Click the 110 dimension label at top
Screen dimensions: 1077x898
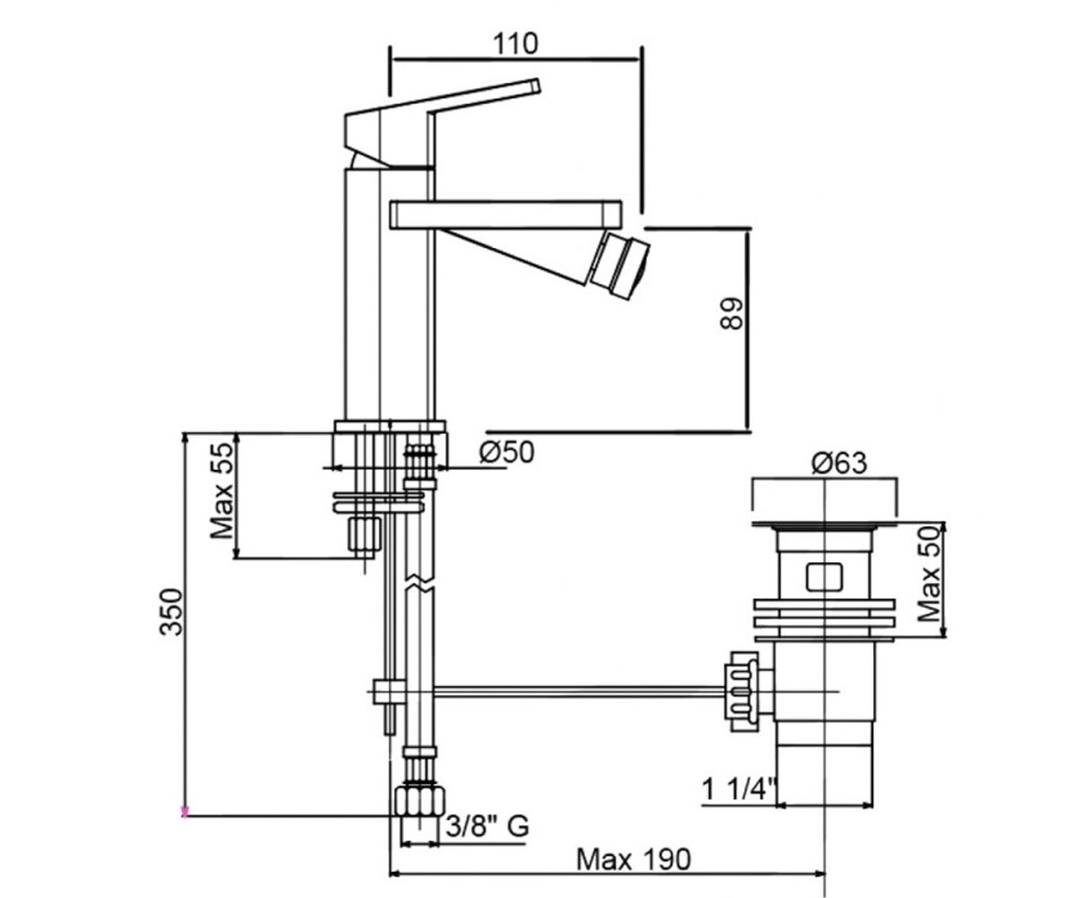point(515,44)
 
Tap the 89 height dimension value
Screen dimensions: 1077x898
point(731,313)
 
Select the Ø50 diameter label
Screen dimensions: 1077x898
point(506,453)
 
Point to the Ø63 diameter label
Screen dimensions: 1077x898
point(839,463)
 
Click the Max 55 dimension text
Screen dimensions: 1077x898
point(223,490)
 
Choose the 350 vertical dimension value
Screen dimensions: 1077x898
point(171,612)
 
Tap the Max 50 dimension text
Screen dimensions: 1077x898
point(930,574)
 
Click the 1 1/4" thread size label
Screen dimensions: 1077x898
point(740,789)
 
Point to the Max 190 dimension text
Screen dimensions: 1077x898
point(633,859)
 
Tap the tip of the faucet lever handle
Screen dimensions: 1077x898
point(536,85)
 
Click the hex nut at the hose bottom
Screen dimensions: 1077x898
point(420,801)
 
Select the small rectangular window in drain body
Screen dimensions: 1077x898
point(824,577)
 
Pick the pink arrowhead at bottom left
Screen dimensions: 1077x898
point(184,812)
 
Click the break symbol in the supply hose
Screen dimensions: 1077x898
point(420,581)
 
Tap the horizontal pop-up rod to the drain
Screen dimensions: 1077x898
point(581,692)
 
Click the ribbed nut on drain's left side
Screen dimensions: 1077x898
point(743,691)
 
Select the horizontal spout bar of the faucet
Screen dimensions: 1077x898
point(505,215)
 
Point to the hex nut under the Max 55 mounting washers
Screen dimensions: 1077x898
point(364,534)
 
